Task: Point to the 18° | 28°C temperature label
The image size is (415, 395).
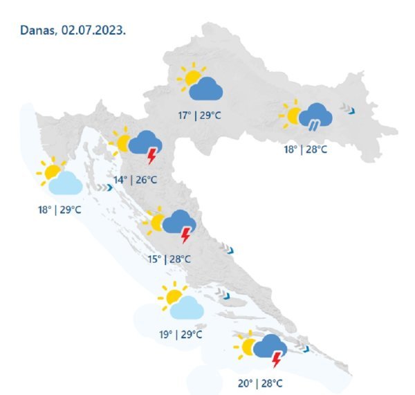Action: tap(304, 149)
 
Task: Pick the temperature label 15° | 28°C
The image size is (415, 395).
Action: tap(169, 259)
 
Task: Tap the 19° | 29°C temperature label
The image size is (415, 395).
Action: tap(181, 334)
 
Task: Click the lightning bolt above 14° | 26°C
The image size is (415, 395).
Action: tap(151, 157)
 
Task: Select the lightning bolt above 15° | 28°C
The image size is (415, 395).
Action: tap(185, 236)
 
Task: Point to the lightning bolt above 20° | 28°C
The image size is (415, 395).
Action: tap(277, 360)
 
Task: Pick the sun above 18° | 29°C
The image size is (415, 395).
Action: tap(51, 170)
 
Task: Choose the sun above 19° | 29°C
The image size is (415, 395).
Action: tap(172, 295)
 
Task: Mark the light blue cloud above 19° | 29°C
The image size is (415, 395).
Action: tap(187, 309)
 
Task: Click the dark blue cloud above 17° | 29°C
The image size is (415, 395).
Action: tap(205, 89)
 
